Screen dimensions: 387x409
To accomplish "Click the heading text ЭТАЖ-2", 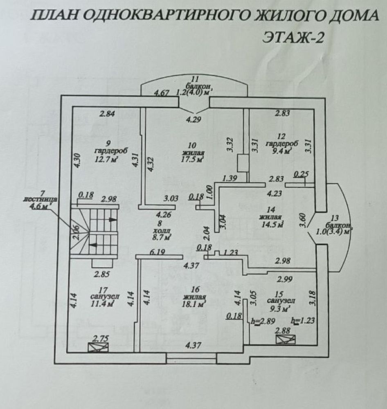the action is tap(293, 37).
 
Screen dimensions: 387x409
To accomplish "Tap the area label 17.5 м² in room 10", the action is tap(192, 160).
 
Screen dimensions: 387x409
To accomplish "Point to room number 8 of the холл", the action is tap(160, 223).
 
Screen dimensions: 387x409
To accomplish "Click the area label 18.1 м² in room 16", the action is tap(195, 304).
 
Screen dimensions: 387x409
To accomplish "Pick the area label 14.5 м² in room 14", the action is tap(272, 224).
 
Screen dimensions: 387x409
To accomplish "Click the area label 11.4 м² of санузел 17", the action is tap(102, 303).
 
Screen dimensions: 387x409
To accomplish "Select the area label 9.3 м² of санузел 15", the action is tap(279, 309).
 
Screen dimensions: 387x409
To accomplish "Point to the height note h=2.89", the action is tap(263, 321).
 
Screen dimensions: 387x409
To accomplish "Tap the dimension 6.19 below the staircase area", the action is tap(157, 252).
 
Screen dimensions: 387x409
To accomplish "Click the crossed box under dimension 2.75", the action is tap(98, 348).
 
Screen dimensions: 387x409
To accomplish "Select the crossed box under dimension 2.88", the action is tap(286, 339).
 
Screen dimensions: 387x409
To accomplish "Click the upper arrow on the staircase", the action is tap(112, 219).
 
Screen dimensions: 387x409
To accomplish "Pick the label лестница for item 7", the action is tap(40, 200).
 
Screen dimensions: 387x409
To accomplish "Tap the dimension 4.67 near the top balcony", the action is tap(162, 93).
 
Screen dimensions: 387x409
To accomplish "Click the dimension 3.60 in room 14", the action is tap(302, 220).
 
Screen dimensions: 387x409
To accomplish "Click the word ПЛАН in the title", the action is tap(54, 16).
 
